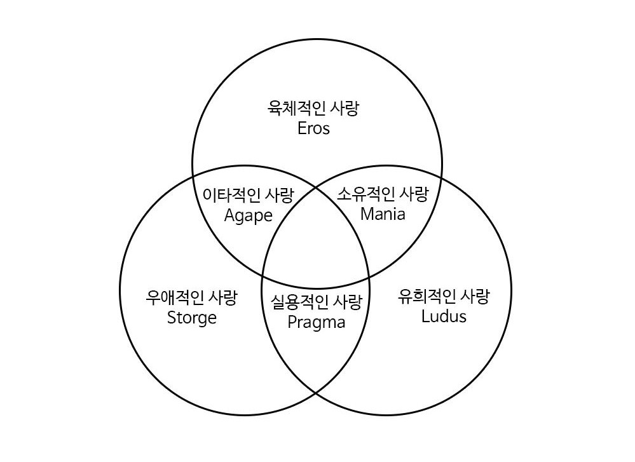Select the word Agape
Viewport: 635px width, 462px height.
point(249,215)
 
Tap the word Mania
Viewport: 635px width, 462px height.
point(383,214)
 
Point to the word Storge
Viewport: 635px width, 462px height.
point(191,317)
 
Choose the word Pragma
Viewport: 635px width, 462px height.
point(316,322)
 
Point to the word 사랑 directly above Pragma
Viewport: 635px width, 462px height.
point(346,302)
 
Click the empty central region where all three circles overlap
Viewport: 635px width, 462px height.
point(315,251)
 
